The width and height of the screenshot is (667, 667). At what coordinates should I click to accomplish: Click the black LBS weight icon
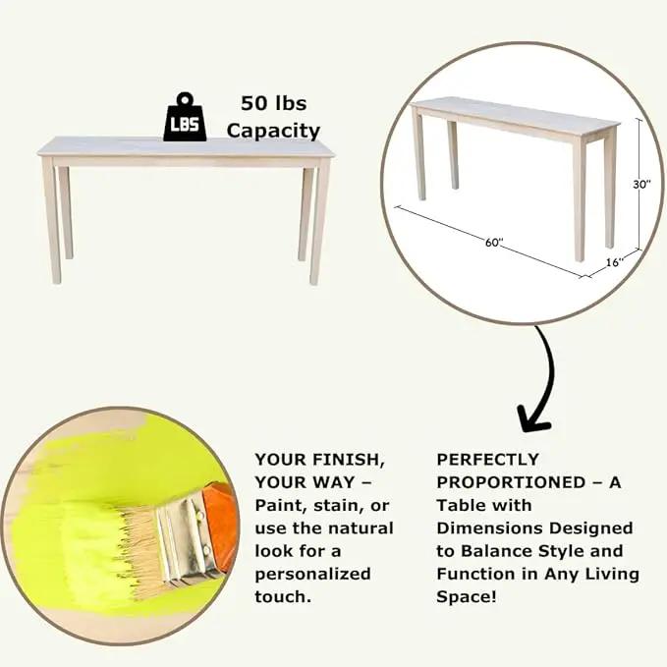[x=185, y=118]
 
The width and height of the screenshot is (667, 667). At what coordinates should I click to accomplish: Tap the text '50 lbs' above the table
[x=273, y=103]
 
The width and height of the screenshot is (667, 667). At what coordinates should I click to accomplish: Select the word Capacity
[x=273, y=131]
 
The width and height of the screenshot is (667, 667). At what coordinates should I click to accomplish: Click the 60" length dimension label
[x=494, y=242]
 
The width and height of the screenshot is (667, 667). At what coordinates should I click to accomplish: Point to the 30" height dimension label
[x=641, y=185]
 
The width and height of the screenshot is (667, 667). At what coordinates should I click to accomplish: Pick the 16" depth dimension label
[x=615, y=262]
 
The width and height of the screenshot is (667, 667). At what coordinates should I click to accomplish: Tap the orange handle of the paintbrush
[x=219, y=523]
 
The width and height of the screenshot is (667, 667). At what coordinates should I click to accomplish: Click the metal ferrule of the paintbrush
[x=188, y=539]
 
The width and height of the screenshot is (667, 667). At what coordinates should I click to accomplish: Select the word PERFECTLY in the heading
[x=488, y=460]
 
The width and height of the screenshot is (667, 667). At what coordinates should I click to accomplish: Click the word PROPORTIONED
[x=512, y=482]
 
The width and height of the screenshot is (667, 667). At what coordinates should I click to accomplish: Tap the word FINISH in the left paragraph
[x=349, y=460]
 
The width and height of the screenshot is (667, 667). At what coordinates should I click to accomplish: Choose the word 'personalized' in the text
[x=313, y=575]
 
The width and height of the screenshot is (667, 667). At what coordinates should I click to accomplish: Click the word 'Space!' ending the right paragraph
[x=467, y=597]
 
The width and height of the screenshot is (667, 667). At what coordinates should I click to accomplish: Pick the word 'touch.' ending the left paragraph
[x=283, y=597]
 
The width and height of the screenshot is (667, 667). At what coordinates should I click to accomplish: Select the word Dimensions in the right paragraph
[x=489, y=528]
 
